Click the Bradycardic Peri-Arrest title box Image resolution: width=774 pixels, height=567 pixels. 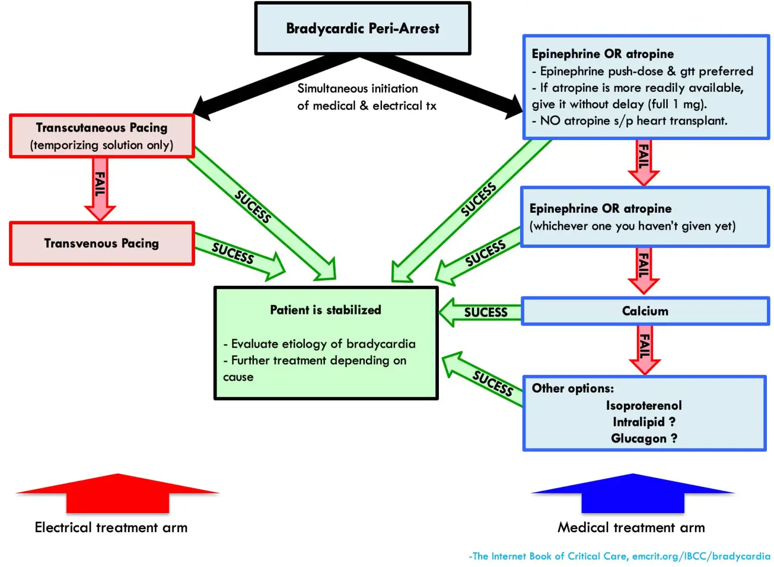point(362,29)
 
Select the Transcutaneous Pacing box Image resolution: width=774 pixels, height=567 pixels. point(102,136)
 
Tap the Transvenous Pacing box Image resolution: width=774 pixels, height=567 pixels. point(102,243)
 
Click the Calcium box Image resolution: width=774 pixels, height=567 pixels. point(645,311)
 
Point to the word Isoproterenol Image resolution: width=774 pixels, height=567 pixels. point(643,406)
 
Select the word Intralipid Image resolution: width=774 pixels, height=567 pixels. point(638,422)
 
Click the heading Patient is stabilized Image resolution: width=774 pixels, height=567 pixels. point(326,310)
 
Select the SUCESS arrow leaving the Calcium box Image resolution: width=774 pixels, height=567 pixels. point(481,312)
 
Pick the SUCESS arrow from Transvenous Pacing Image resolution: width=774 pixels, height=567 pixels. point(237,255)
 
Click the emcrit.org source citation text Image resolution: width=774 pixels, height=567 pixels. point(619,556)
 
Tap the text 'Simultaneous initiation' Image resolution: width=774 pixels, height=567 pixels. point(357,89)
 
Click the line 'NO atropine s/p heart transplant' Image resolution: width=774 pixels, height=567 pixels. point(633,121)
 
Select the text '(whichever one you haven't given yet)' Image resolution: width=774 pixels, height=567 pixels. point(632,226)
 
